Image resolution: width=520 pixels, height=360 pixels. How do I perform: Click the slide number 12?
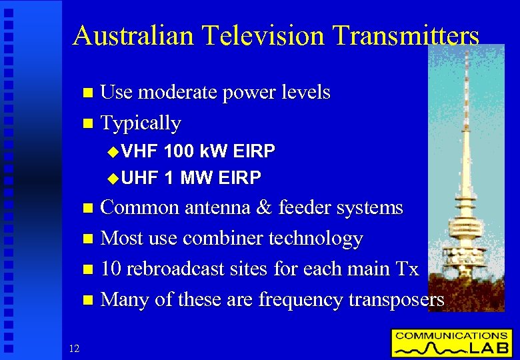(74, 347)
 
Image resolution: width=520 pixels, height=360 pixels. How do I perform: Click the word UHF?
(139, 178)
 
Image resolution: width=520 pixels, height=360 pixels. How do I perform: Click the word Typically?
(140, 123)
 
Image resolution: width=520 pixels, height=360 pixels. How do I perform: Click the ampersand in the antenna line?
(265, 208)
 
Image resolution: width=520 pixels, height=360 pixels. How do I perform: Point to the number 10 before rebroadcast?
(110, 269)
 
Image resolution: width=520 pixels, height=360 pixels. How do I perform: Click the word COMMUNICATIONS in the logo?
(451, 335)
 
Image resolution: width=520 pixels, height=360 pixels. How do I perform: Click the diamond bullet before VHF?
(111, 152)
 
